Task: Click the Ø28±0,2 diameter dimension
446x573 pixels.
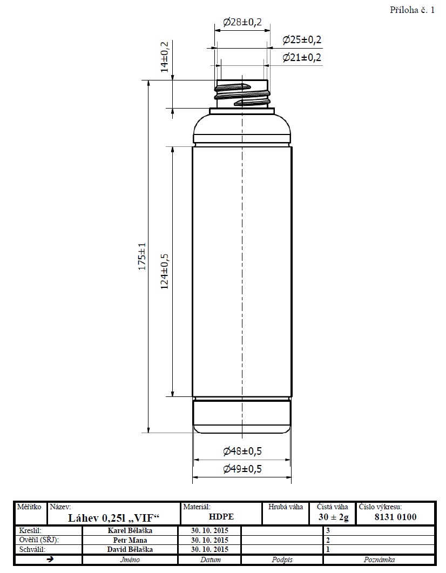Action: (242, 22)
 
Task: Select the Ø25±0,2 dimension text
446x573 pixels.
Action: (302, 39)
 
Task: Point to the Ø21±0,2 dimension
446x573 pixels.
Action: (302, 57)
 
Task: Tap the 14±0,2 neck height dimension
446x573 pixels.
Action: (165, 57)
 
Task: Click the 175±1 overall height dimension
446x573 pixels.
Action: (142, 257)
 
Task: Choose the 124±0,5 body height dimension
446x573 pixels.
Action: (165, 271)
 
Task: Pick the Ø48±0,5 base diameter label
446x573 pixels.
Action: (242, 451)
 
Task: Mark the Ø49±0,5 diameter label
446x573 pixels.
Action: (242, 469)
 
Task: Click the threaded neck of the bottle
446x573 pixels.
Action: (242, 94)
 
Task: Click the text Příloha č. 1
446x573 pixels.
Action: (413, 10)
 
